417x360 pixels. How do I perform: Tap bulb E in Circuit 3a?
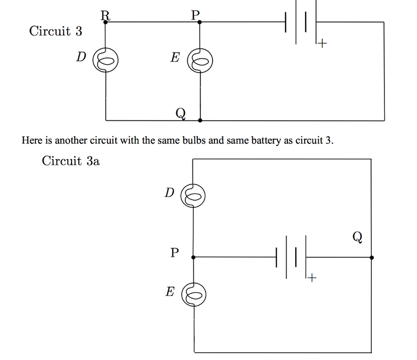point(193,295)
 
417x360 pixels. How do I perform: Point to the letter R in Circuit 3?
point(105,16)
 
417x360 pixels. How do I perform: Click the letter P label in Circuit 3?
point(195,16)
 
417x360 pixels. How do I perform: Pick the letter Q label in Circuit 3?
point(180,113)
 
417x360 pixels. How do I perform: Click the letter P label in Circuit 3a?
point(175,253)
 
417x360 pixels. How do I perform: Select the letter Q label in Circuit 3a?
point(357,236)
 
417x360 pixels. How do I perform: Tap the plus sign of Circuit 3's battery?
point(321,44)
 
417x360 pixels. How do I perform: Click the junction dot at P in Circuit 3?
point(200,22)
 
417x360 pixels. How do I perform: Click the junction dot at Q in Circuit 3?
point(200,121)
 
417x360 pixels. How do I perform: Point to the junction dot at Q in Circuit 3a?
point(371,258)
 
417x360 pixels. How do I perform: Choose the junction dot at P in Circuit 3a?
point(193,257)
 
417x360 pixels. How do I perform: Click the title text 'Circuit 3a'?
point(71,161)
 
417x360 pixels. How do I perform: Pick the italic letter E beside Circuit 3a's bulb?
point(169,292)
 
